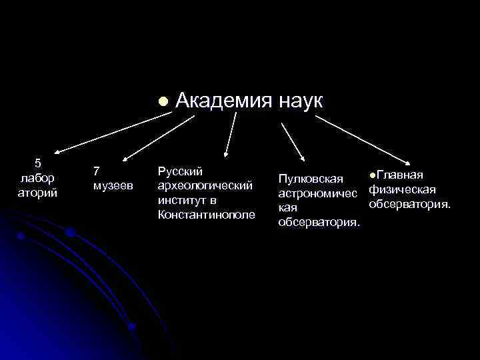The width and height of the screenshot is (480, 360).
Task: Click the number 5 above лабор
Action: (x=37, y=163)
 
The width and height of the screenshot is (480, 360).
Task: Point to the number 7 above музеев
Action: (x=97, y=171)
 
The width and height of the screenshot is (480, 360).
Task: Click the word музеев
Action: (x=113, y=184)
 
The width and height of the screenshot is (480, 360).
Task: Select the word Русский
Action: (x=180, y=171)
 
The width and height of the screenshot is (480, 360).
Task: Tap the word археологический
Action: (x=205, y=185)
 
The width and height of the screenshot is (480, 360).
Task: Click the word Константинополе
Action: (x=207, y=214)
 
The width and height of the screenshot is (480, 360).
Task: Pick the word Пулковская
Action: (x=311, y=179)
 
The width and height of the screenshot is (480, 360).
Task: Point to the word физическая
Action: (x=402, y=189)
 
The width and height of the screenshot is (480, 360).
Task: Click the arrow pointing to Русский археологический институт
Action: (x=229, y=136)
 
